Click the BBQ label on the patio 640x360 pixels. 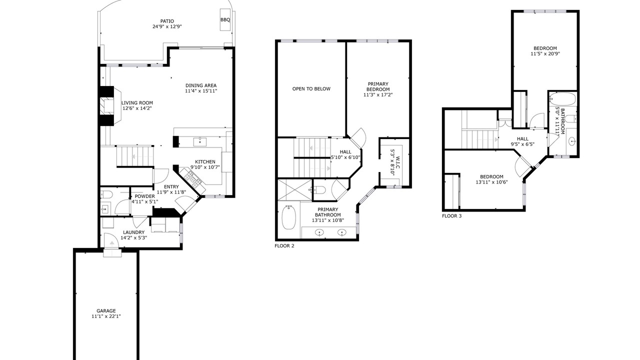pos(225,19)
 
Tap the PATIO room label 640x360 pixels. pos(167,21)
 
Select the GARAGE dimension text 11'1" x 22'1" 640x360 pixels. pos(106,316)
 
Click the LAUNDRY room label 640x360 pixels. pos(133,232)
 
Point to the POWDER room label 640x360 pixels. pos(145,196)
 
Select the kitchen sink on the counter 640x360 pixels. pos(200,141)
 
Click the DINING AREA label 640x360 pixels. pos(201,85)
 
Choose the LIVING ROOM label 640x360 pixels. pos(137,103)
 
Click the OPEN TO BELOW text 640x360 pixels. pos(311,89)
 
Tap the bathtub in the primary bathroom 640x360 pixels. pos(289,217)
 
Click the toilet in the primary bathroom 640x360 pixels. pos(319,189)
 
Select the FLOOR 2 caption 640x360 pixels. pos(284,245)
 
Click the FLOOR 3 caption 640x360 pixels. pos(451,216)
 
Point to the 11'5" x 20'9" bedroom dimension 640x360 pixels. pos(545,53)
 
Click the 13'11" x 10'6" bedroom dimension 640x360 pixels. pos(491,182)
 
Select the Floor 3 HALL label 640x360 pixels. pos(523,139)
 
